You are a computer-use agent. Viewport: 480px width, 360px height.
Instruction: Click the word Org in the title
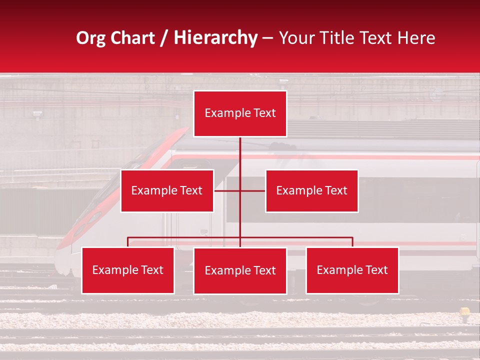(91, 38)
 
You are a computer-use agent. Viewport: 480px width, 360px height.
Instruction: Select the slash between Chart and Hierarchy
(164, 38)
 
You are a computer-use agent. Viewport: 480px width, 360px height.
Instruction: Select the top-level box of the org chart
(240, 113)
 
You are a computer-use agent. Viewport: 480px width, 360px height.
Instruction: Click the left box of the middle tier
(167, 190)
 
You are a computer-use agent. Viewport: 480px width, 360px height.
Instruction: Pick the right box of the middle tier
(311, 190)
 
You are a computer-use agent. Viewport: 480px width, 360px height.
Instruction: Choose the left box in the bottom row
(128, 270)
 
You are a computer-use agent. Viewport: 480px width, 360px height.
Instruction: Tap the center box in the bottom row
(240, 271)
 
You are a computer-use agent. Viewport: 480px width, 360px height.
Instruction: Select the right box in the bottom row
(352, 270)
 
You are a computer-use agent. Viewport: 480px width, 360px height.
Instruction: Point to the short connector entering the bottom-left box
(128, 242)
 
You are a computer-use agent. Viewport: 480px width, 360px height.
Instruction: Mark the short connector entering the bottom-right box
(352, 242)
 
